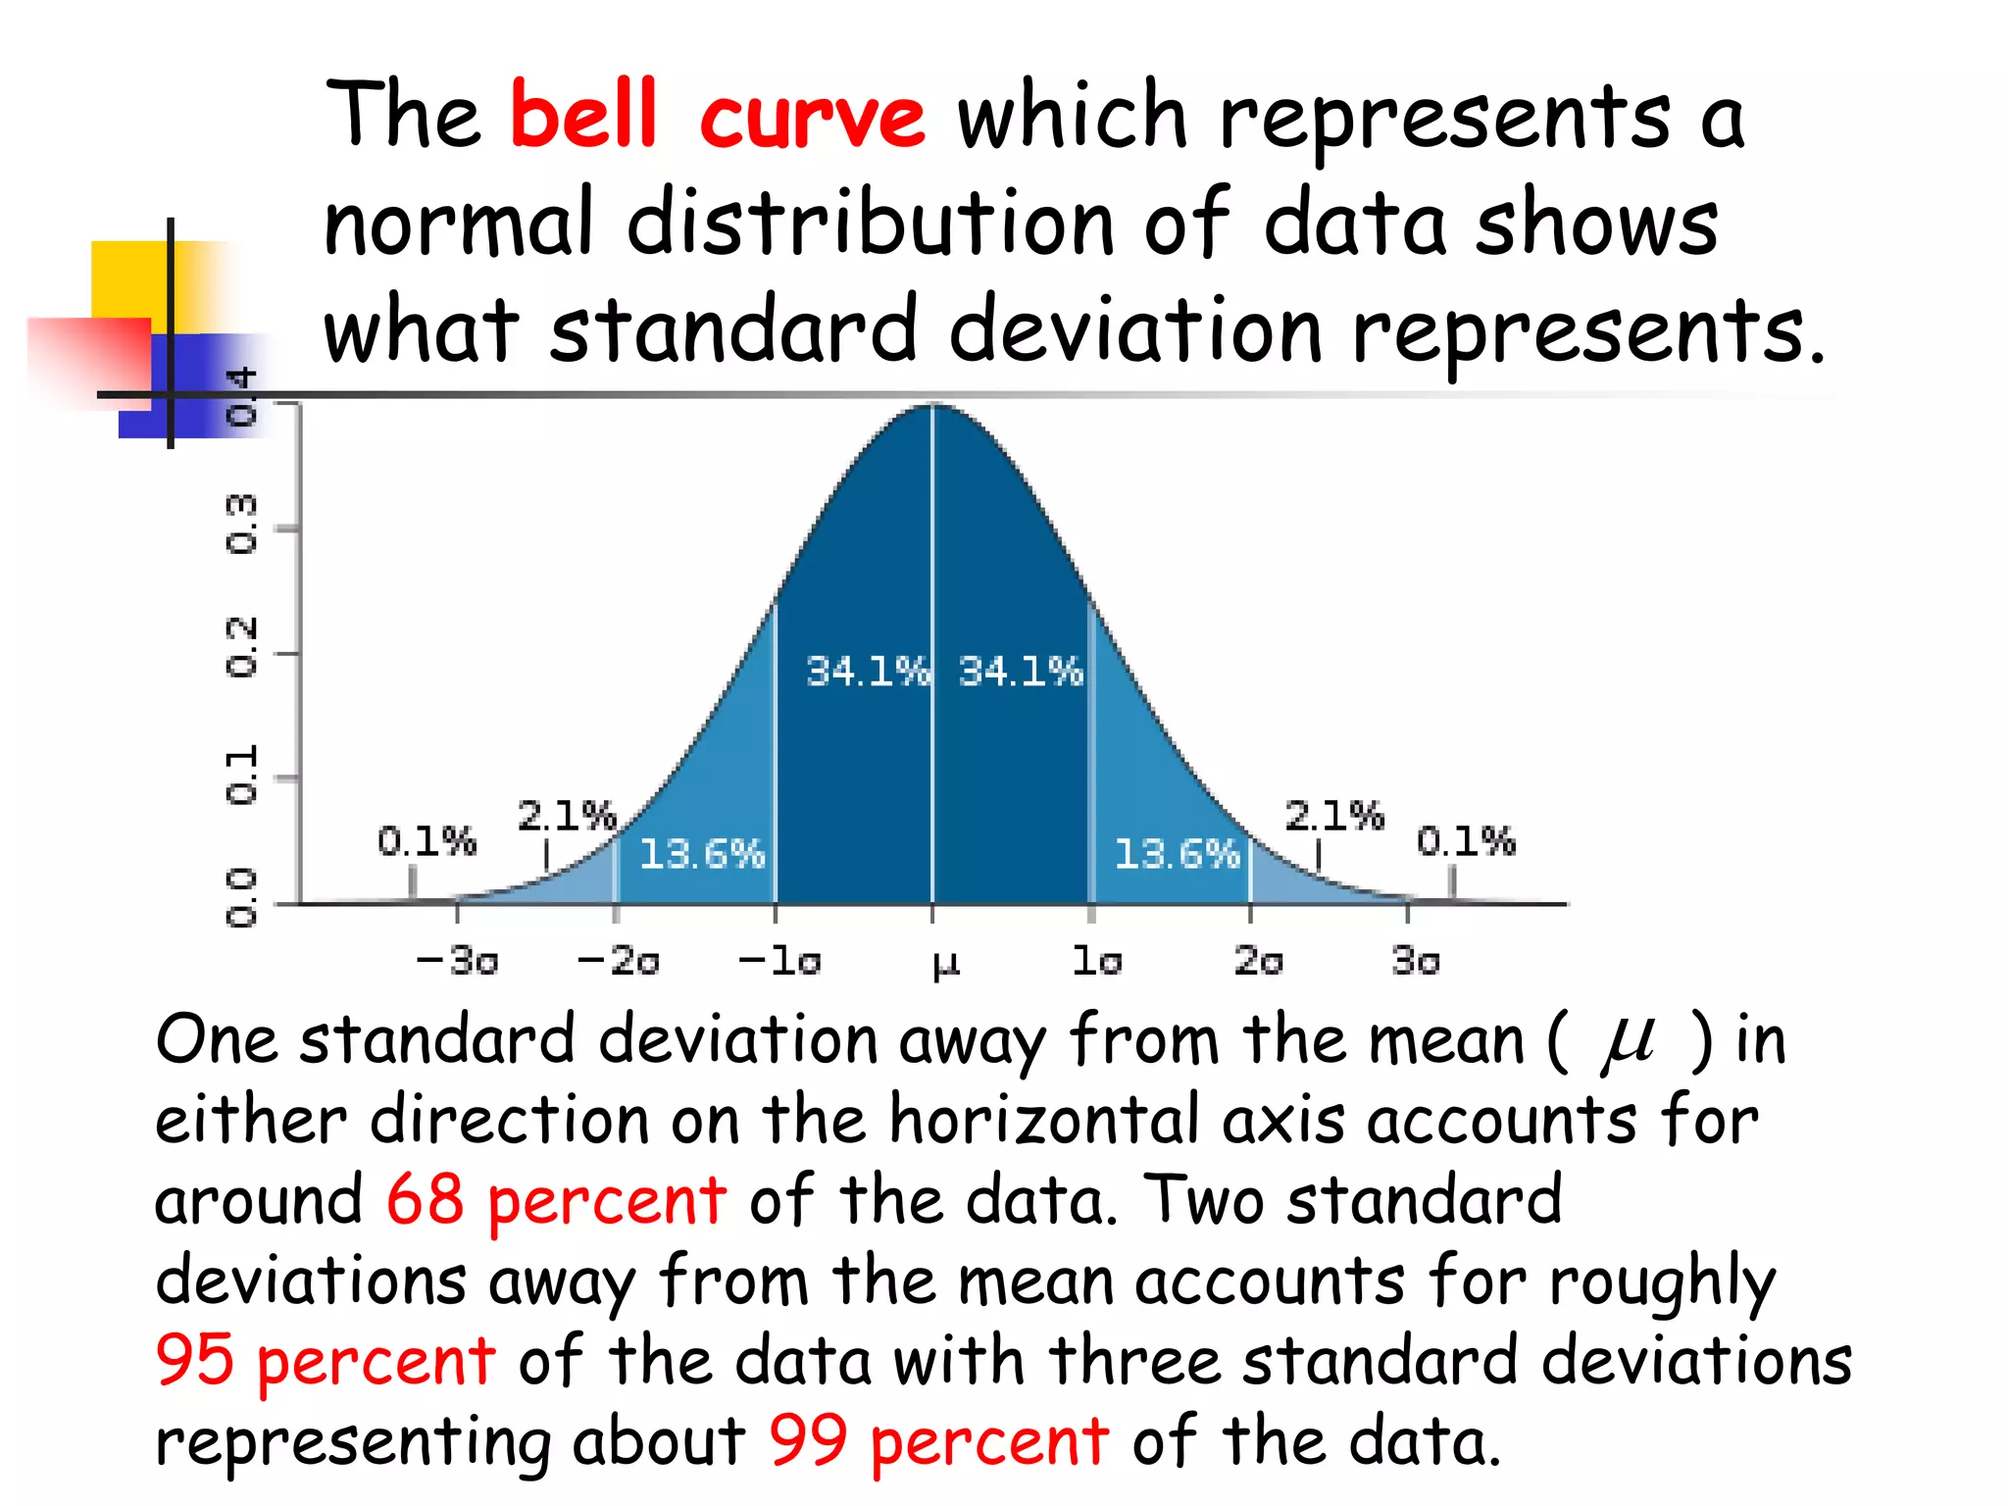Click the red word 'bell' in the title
583,116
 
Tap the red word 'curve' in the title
812,120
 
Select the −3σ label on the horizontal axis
458,960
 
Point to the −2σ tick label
619,960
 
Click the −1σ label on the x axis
779,960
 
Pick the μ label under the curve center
945,964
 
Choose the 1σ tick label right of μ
1097,960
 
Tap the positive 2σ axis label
1258,960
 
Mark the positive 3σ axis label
1416,960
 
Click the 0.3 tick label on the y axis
241,525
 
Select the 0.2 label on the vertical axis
241,648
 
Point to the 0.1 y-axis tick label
241,775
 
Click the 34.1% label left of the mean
867,672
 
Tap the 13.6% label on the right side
1177,854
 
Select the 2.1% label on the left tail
567,816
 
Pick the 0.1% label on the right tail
1466,841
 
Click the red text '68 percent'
556,1200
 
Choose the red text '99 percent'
938,1441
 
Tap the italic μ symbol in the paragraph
1628,1042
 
